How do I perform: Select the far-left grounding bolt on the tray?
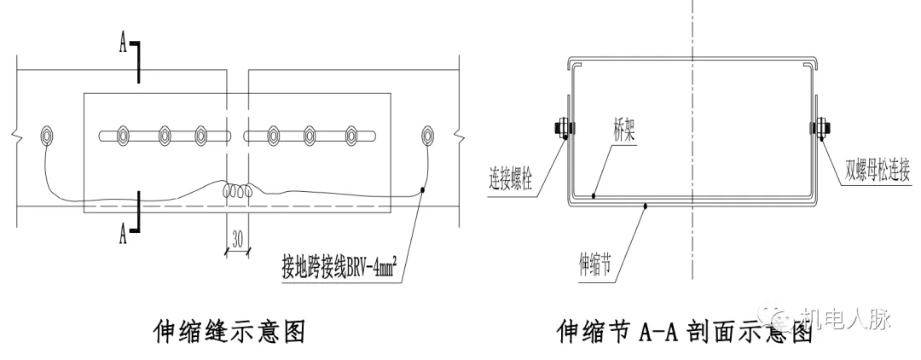pyautogui.click(x=47, y=135)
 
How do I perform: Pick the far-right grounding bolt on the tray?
pyautogui.click(x=428, y=135)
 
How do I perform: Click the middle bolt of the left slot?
pyautogui.click(x=164, y=135)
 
